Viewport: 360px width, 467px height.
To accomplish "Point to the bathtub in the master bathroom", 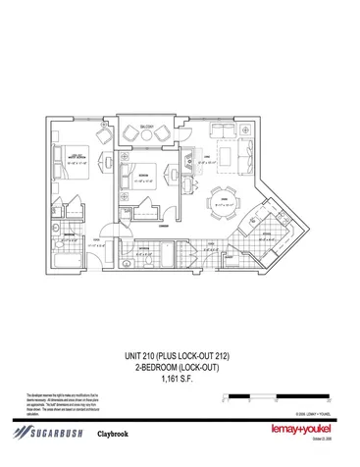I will pyautogui.click(x=63, y=260).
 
